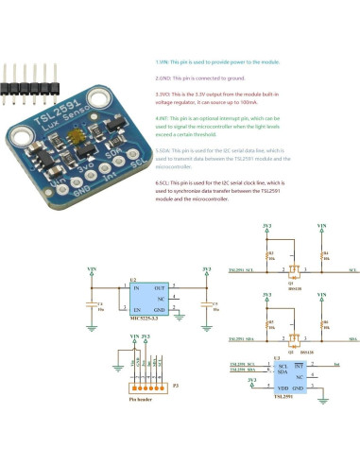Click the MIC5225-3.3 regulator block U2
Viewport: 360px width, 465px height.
tap(147, 297)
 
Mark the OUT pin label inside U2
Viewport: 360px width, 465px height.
tap(159, 287)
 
